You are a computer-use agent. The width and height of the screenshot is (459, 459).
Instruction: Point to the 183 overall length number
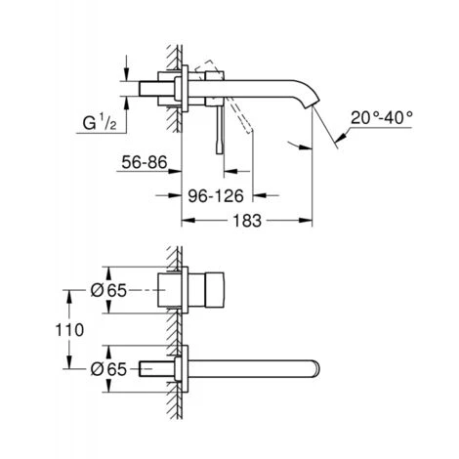point(247,223)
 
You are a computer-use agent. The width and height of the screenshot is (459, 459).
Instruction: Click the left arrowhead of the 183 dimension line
point(184,222)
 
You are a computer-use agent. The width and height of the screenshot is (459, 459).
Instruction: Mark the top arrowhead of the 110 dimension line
point(69,291)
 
